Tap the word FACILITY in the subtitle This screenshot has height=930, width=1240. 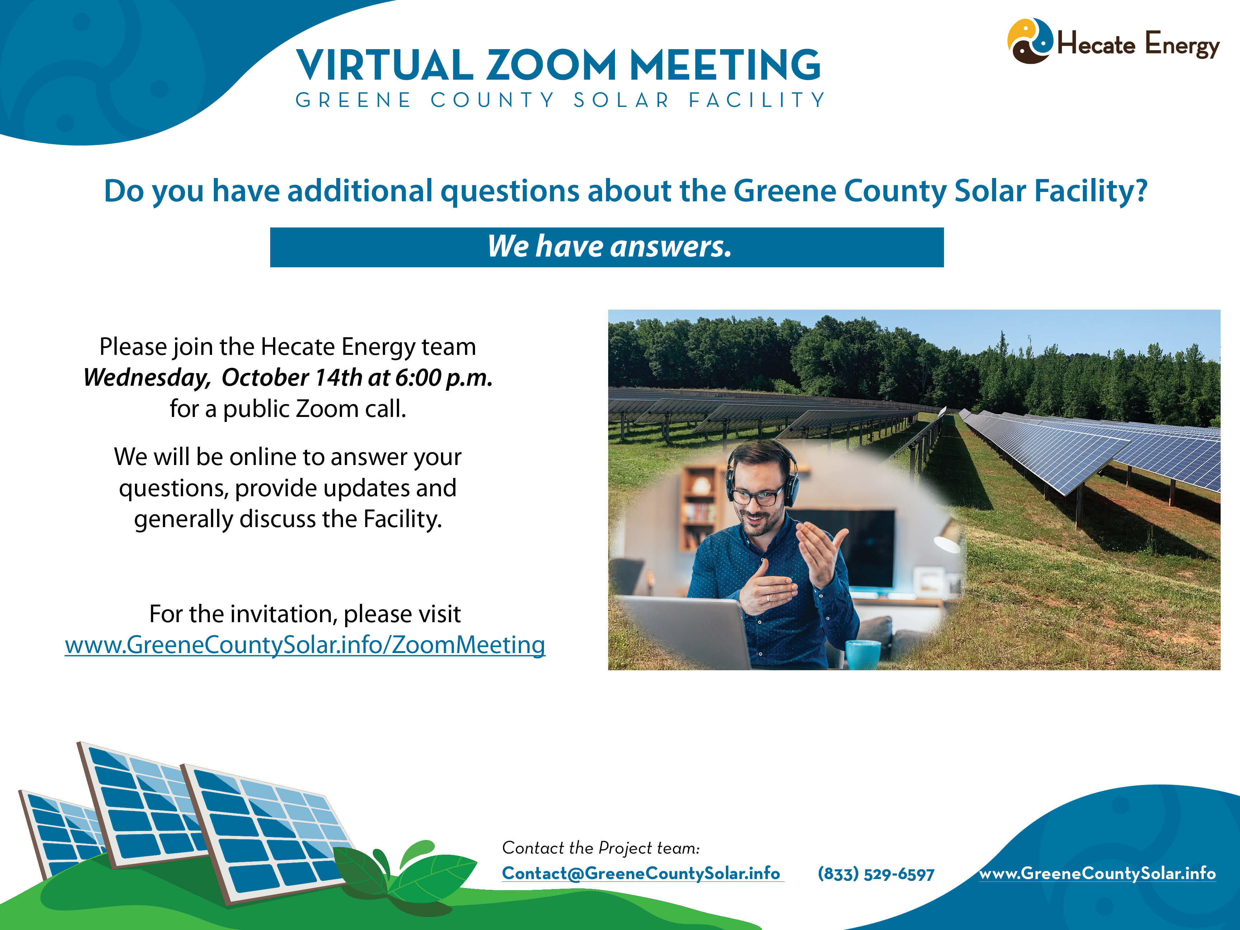click(757, 100)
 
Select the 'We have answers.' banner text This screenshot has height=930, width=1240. click(609, 246)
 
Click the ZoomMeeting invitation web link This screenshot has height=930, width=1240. click(305, 645)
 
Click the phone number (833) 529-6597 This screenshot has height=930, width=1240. click(875, 873)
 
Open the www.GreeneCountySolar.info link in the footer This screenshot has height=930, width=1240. click(1098, 873)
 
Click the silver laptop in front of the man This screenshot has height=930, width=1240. click(684, 633)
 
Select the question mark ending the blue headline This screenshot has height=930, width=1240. click(1140, 191)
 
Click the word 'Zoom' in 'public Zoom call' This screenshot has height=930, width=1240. click(327, 409)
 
